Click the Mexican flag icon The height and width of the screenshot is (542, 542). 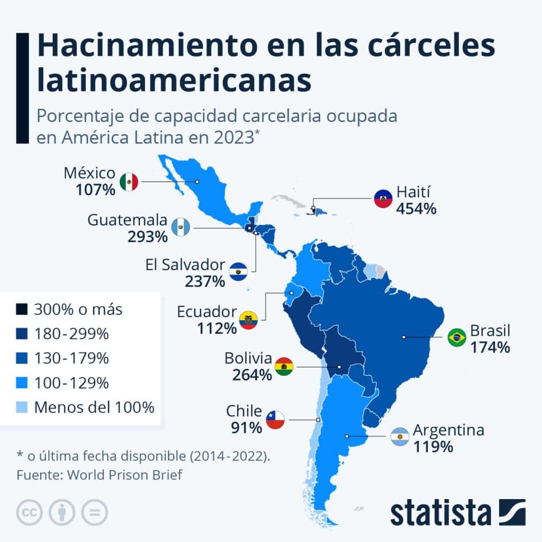click(x=129, y=182)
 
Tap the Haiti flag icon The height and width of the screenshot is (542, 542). click(x=383, y=199)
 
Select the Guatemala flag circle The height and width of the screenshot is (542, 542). click(x=181, y=227)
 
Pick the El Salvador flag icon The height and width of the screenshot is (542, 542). click(x=238, y=272)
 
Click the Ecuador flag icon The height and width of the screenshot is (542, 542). click(x=248, y=320)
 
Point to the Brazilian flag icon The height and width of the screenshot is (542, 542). click(x=457, y=337)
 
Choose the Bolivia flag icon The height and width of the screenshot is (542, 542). click(x=284, y=367)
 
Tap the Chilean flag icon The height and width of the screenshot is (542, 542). click(x=275, y=420)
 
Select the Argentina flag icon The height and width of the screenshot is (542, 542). click(x=400, y=436)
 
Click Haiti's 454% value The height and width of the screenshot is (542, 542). click(x=416, y=209)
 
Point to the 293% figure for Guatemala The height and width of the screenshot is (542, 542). click(x=148, y=237)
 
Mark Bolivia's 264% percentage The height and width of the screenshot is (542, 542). click(x=252, y=375)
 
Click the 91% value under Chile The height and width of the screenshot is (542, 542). click(x=247, y=428)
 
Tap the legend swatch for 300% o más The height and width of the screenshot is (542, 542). click(x=22, y=309)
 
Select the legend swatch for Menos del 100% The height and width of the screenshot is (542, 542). click(x=22, y=407)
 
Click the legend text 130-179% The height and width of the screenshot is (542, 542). click(x=71, y=358)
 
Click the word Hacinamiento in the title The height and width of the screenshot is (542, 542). click(x=148, y=46)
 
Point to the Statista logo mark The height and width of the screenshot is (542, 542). click(x=512, y=512)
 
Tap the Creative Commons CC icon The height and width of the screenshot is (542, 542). click(x=30, y=512)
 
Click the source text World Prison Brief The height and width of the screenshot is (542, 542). click(x=124, y=475)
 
